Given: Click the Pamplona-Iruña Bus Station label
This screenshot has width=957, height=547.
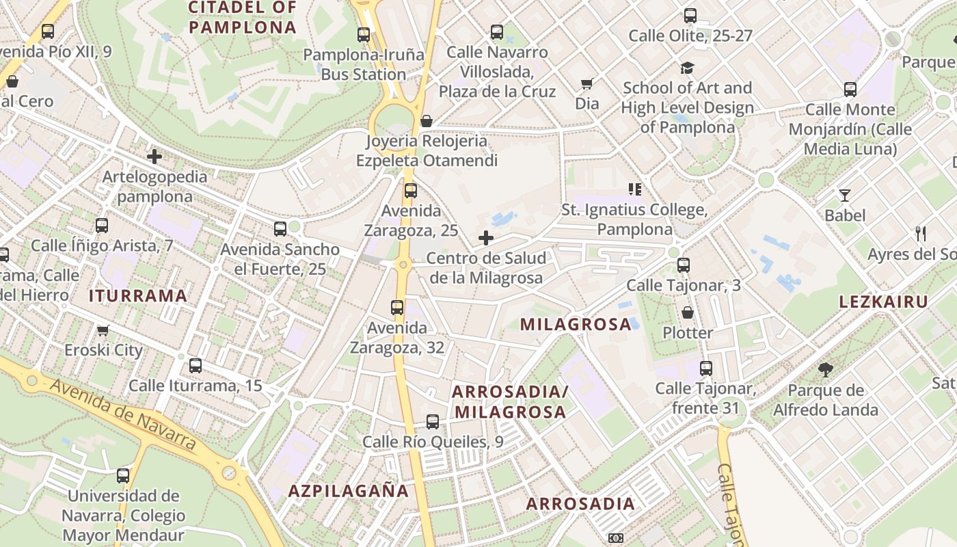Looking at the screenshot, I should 364,64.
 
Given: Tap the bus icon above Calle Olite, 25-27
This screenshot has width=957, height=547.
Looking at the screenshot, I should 690,16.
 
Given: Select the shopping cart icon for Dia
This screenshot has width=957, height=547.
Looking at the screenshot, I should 587,84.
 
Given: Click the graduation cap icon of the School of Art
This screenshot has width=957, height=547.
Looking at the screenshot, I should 687,68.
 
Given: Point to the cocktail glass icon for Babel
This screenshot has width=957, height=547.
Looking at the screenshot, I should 845,196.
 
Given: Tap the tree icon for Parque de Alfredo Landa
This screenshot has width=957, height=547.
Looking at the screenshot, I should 825,370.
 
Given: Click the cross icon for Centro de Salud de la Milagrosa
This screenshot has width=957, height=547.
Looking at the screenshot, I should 486,238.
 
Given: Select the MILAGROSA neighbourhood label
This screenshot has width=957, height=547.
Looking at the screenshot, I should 576,324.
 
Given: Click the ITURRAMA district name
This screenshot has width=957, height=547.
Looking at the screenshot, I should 137,295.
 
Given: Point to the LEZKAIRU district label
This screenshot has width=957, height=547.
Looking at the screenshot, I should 883,302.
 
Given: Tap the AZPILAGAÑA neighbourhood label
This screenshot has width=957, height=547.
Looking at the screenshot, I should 348,490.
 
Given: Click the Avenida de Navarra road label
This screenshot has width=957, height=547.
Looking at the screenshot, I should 123,414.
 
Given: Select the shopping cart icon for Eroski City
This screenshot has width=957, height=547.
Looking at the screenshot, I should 103,331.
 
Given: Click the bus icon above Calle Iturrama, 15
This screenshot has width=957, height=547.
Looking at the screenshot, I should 196,366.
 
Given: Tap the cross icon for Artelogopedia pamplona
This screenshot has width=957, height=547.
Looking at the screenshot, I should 154,157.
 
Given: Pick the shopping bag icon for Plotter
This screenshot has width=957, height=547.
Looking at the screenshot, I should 688,313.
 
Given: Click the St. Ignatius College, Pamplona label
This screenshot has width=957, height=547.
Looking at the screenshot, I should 634,219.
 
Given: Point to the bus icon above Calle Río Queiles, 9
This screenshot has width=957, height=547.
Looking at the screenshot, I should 433,422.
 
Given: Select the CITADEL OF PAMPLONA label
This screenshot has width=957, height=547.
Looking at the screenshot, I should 242,18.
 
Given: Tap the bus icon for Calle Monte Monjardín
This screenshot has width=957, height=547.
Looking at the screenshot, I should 850,90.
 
